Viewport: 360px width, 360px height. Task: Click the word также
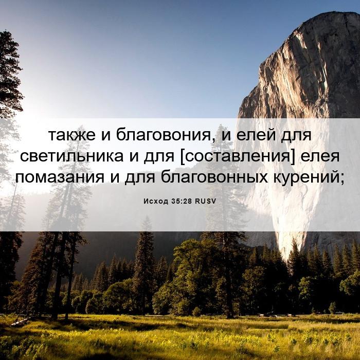pos(71,135)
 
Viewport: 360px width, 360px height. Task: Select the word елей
pos(256,135)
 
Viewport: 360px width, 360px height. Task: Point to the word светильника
pos(71,156)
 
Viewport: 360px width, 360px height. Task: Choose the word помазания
pos(60,177)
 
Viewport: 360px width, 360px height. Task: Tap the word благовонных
pos(214,177)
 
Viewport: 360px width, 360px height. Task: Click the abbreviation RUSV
pos(206,202)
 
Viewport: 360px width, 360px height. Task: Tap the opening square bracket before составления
pos(183,156)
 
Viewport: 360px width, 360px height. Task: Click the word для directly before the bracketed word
pos(159,157)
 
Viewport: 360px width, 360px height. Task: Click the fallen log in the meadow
pos(20,322)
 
